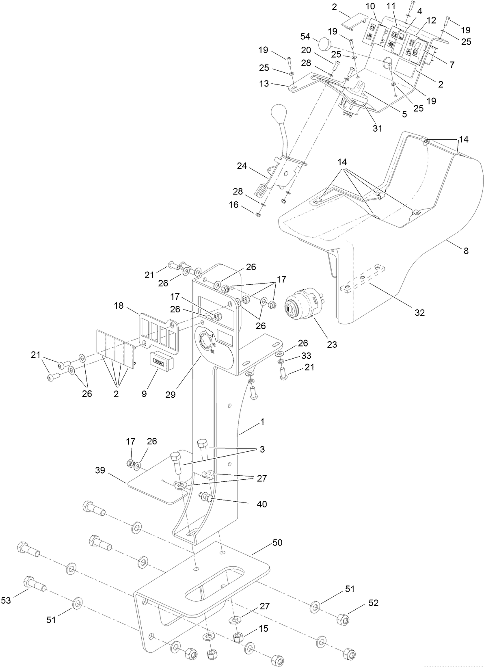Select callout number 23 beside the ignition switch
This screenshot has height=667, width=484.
point(332,344)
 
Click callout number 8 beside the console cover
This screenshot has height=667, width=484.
point(466,251)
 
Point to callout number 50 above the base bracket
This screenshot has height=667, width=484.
point(277,543)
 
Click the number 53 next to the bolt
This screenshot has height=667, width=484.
point(6,601)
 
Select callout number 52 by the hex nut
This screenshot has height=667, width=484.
point(373,603)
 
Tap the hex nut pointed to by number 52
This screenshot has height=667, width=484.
point(343,619)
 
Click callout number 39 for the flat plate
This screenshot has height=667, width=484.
point(100,470)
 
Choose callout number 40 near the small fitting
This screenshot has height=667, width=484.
point(262,504)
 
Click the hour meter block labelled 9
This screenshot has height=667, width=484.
point(162,361)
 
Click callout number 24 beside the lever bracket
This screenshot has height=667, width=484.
point(242,166)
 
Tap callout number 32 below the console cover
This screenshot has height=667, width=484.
point(419,312)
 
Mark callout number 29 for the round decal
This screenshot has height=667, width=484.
point(170,394)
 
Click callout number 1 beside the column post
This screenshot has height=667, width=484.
point(262,422)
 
